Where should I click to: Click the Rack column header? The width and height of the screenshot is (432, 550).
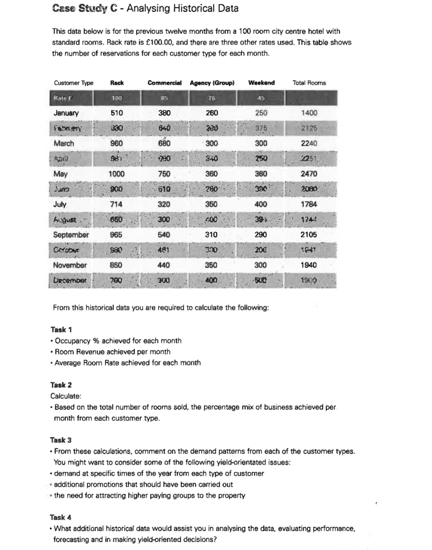coord(117,83)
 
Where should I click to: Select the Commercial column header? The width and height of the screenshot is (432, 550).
coord(164,83)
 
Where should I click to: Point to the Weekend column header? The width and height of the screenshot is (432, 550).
coord(262,83)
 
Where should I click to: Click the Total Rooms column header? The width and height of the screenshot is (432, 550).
coord(309,83)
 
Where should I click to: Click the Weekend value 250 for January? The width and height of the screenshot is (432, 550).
coord(262,114)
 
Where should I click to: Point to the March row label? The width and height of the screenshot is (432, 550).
coord(64,144)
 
